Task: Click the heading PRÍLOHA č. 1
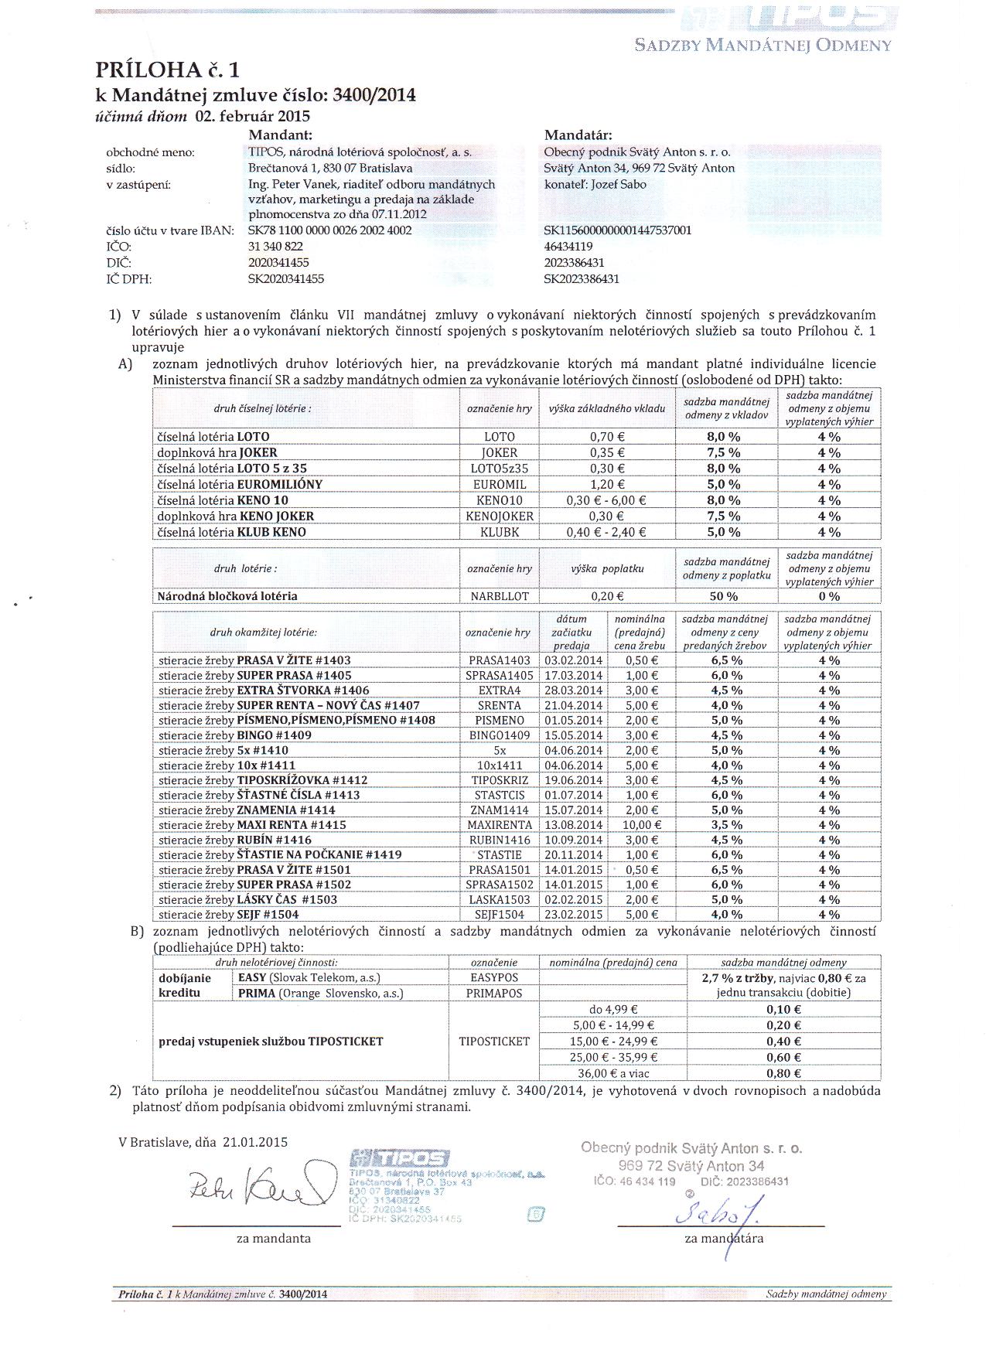167,70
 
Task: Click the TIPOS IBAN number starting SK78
329,230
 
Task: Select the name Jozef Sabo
618,185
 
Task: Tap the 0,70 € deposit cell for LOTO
607,437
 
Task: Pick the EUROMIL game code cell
499,485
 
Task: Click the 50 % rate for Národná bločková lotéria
725,596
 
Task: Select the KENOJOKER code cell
499,517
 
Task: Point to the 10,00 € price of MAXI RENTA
641,825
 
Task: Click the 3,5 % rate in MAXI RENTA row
725,825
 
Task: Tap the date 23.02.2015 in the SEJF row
573,915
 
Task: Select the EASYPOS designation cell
494,978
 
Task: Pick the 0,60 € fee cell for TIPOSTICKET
783,1058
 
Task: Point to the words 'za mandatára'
724,1238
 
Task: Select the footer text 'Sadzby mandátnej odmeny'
826,1294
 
